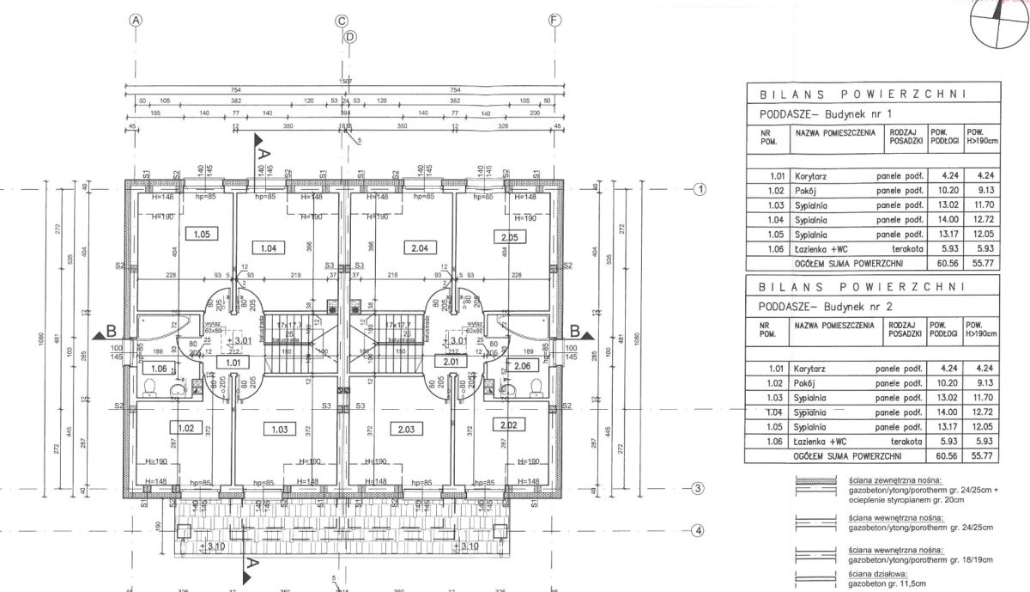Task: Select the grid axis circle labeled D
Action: point(349,36)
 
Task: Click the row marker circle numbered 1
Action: point(700,190)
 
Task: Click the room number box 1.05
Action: point(201,233)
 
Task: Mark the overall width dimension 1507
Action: point(345,81)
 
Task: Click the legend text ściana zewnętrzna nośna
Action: point(893,479)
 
